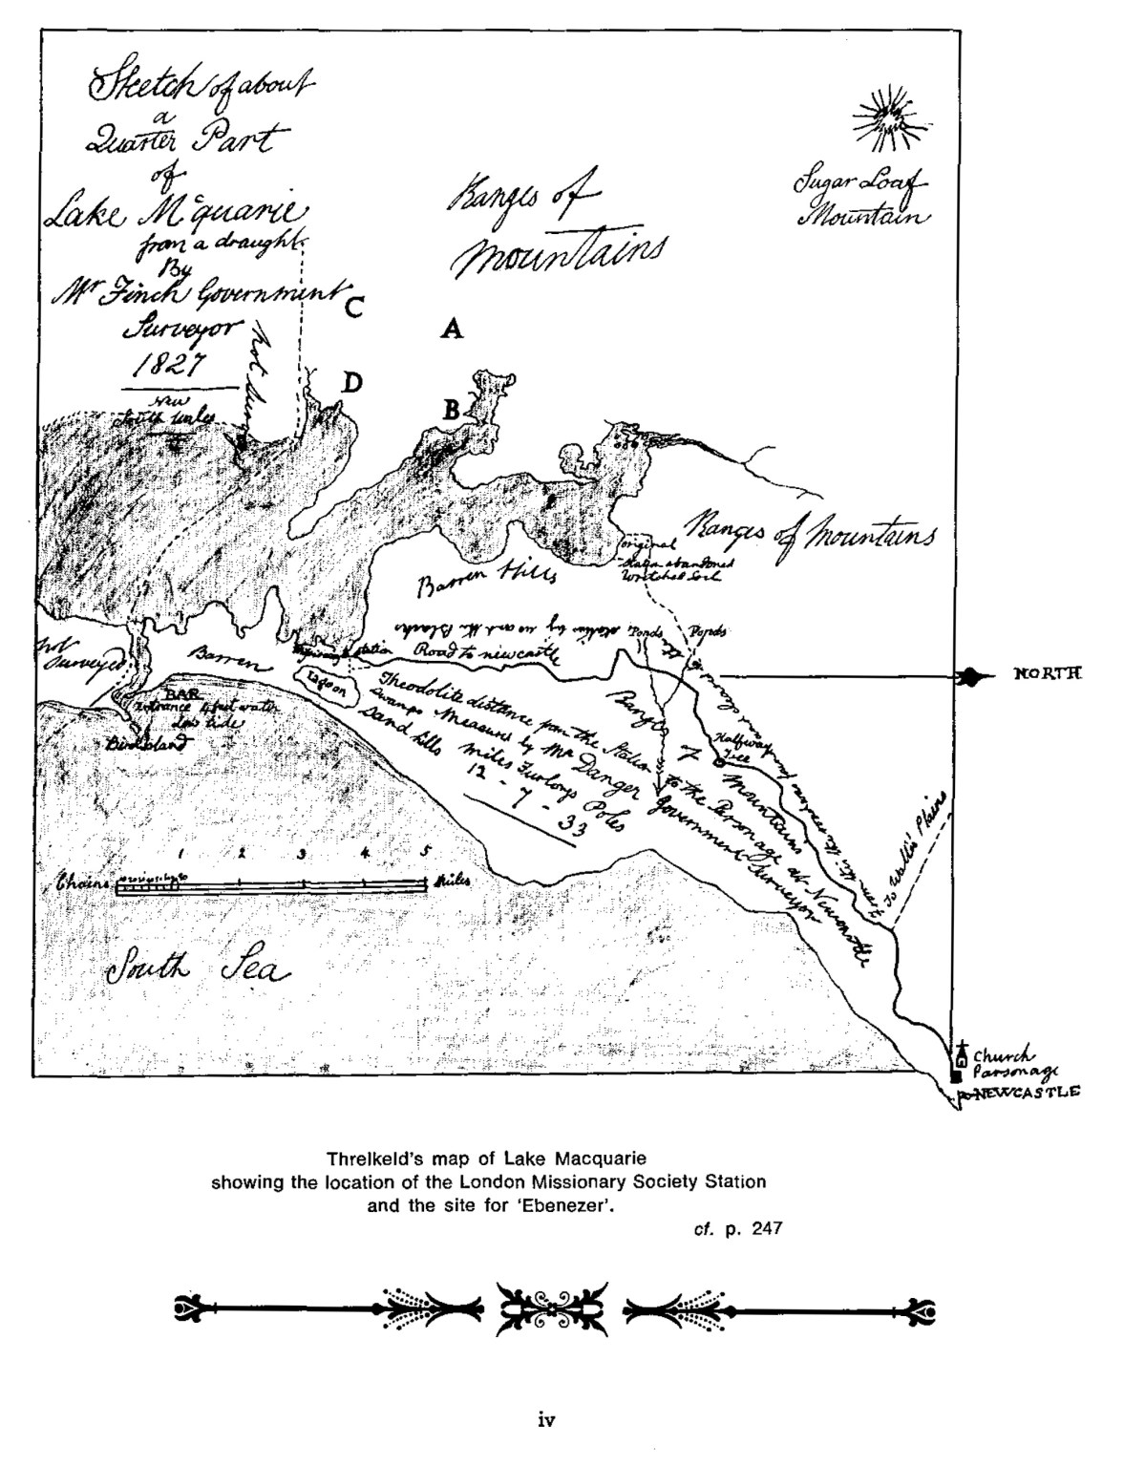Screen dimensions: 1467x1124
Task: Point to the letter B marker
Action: point(450,410)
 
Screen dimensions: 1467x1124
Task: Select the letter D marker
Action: point(352,383)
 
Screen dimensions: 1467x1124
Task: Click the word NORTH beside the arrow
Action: point(1046,674)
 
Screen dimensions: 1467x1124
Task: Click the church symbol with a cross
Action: point(962,1053)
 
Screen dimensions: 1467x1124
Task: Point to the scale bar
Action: point(271,886)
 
